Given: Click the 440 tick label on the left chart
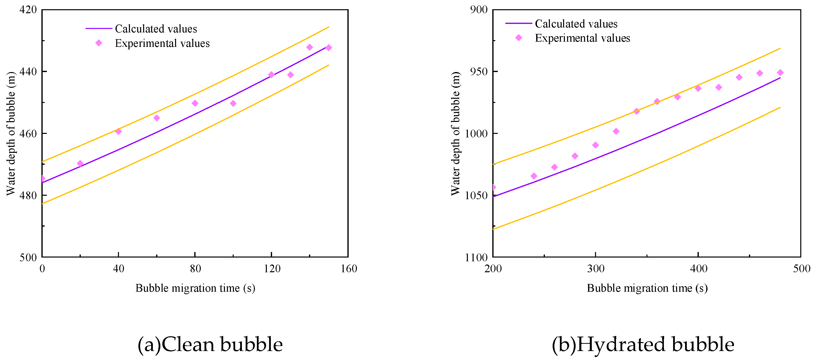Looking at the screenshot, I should [x=28, y=72].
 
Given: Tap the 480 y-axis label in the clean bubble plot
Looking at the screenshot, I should [x=28, y=195].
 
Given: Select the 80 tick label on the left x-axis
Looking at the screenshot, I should [x=195, y=269].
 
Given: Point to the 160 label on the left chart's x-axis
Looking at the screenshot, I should [x=349, y=269].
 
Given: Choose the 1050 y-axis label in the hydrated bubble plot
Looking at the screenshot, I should [x=476, y=195].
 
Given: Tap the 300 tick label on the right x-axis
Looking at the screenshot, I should [x=596, y=269].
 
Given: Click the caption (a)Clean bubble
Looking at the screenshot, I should [x=210, y=345].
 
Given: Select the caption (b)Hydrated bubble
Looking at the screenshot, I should [x=643, y=345].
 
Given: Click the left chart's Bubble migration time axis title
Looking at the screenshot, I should [x=195, y=288].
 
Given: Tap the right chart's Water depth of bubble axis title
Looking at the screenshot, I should [x=455, y=133].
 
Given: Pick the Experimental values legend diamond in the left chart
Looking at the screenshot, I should [x=99, y=43].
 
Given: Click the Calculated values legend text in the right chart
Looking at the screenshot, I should [x=576, y=24].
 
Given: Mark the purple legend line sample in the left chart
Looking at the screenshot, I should [x=99, y=28].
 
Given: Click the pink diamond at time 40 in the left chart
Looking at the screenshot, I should [x=118, y=131].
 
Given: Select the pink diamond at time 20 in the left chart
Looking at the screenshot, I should [x=80, y=164].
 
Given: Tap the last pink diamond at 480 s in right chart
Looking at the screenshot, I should [x=780, y=73].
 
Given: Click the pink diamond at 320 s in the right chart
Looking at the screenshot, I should [x=616, y=131].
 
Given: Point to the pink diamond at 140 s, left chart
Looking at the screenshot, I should [x=310, y=47].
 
